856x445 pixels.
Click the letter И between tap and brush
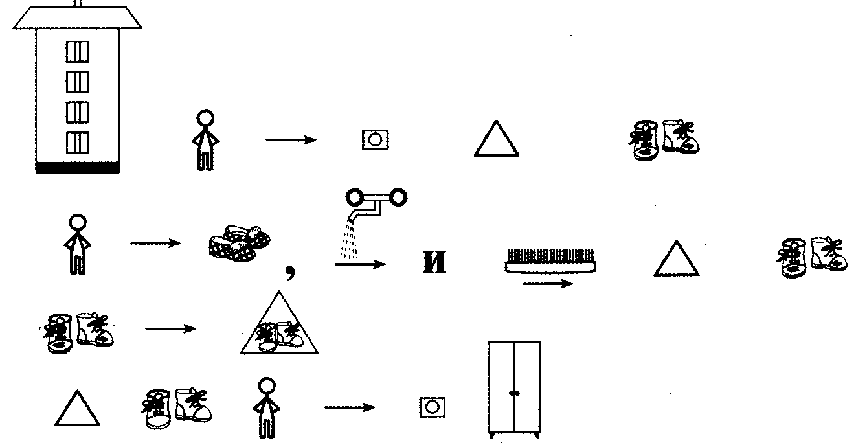coord(434,264)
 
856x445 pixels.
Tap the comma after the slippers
coord(291,275)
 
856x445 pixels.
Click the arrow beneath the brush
coord(547,284)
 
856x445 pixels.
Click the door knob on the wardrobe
coord(513,393)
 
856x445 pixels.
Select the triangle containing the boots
coord(280,327)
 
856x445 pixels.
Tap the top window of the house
coord(78,51)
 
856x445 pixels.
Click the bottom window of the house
coord(78,142)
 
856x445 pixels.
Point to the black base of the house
coord(78,168)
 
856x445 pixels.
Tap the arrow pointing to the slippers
coord(155,244)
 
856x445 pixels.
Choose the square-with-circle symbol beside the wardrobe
coord(432,407)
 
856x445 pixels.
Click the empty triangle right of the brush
coord(677,260)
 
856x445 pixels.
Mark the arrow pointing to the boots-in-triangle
coord(170,329)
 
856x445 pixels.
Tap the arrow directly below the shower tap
coord(360,264)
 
